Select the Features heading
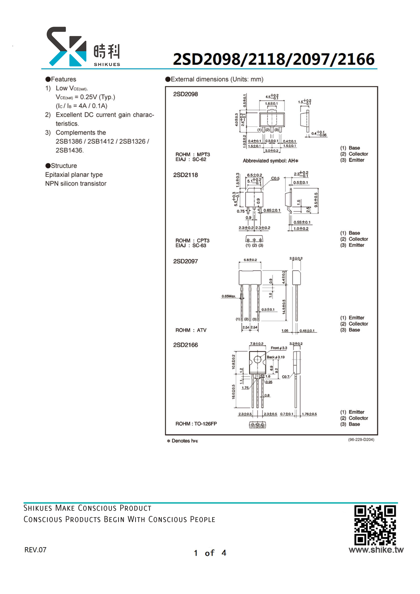61,79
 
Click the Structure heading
61,166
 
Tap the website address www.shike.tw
376,550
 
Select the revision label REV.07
35,550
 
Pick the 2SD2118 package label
186,175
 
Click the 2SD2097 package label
186,261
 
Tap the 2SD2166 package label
186,345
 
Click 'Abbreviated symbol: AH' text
271,161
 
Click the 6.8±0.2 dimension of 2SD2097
250,260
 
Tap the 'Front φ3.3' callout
279,348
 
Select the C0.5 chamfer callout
275,178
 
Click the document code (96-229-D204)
361,440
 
